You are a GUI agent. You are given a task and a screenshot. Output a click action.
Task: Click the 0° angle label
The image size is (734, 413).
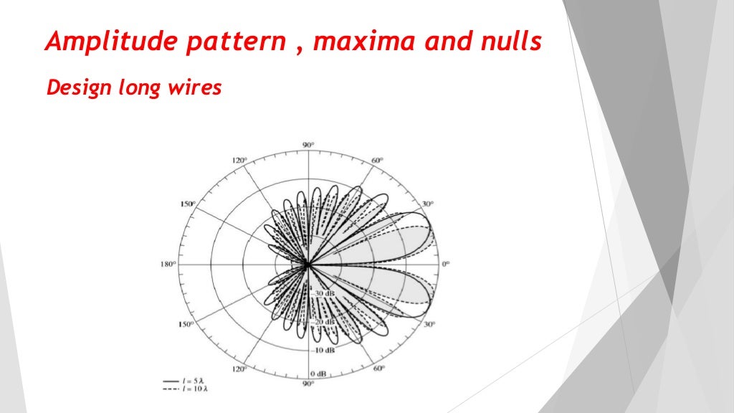(x=445, y=265)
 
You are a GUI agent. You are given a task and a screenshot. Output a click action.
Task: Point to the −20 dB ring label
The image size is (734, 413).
(x=323, y=323)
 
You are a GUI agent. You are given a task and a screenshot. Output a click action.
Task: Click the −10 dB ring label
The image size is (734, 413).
(x=323, y=350)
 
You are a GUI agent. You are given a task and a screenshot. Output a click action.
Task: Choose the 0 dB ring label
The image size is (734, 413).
(x=319, y=376)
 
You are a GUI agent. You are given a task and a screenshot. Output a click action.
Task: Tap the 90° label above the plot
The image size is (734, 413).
(x=308, y=146)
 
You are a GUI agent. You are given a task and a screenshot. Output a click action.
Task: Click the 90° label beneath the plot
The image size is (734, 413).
(x=308, y=384)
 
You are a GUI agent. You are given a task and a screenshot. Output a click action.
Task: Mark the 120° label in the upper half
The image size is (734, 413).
(x=239, y=160)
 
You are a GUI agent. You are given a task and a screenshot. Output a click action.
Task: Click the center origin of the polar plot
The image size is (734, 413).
(x=308, y=265)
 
